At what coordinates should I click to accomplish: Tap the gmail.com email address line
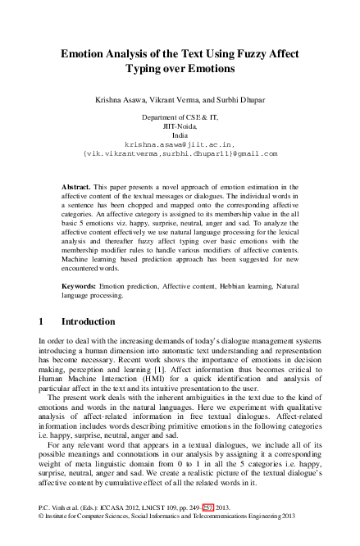tap(180, 152)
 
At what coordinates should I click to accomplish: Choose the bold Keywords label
tap(81, 284)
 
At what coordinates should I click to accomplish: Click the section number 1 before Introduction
tap(42, 321)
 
